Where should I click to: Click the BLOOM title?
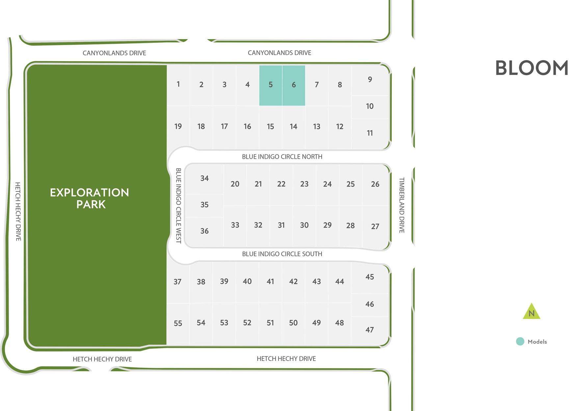[x=532, y=68]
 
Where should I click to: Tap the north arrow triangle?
[x=531, y=312]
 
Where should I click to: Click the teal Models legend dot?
[x=520, y=341]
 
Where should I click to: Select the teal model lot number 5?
[x=271, y=85]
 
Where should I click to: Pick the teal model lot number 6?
[x=294, y=85]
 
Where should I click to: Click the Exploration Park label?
[x=90, y=198]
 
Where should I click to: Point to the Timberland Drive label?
[x=402, y=205]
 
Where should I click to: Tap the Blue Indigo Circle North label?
[x=282, y=157]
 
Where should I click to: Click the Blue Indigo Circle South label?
[x=282, y=254]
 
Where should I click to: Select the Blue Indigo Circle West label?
[x=178, y=205]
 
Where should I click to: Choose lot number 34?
[x=204, y=178]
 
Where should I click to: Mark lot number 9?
[x=370, y=80]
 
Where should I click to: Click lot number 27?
[x=375, y=226]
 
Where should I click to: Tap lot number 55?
[x=178, y=323]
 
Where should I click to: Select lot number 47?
[x=370, y=330]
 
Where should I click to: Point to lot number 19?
[x=178, y=127]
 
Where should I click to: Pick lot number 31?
[x=281, y=225]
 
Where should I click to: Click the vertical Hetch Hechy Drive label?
[x=18, y=211]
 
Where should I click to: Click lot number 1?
[x=178, y=84]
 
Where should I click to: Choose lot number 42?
[x=293, y=281]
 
